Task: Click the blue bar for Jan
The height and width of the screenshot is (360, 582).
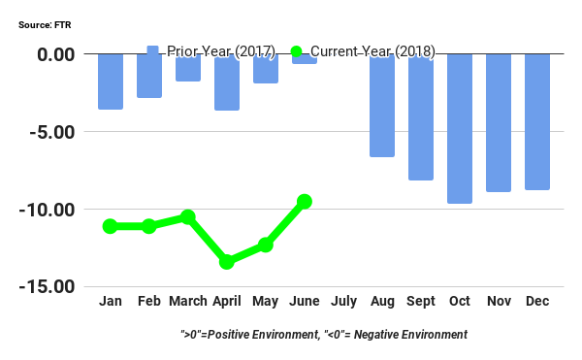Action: click(x=110, y=82)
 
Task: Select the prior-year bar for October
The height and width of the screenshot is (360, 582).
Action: click(x=460, y=128)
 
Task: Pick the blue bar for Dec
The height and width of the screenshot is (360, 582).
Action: click(x=537, y=121)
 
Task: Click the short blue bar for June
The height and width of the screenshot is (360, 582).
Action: click(x=305, y=59)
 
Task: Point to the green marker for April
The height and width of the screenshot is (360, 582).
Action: click(x=227, y=262)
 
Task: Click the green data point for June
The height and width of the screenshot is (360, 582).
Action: click(x=305, y=202)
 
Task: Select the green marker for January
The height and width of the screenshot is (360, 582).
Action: click(x=110, y=226)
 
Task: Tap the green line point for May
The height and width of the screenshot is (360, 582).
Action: click(x=266, y=245)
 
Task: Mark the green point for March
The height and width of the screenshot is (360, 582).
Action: click(x=188, y=217)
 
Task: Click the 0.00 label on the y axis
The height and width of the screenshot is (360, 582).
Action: click(x=54, y=54)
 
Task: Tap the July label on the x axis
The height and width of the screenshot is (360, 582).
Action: click(x=343, y=302)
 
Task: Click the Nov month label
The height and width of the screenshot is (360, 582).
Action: click(x=499, y=302)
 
